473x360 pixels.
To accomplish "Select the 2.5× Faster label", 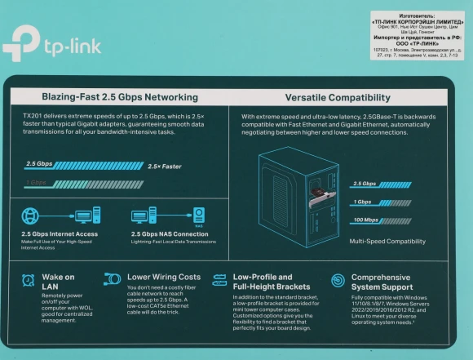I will pyautogui.click(x=166, y=166).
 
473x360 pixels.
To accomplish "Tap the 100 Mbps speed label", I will pyautogui.click(x=365, y=221).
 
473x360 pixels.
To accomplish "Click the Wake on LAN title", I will pyautogui.click(x=58, y=282).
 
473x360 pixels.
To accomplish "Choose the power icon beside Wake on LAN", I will pyautogui.click(x=24, y=280).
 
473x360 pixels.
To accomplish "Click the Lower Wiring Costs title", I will pyautogui.click(x=164, y=277).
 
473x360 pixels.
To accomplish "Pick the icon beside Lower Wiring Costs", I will pyautogui.click(x=112, y=279).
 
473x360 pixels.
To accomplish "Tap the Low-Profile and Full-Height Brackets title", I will pyautogui.click(x=261, y=282).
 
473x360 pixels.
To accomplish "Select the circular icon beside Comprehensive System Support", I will pyautogui.click(x=338, y=280).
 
